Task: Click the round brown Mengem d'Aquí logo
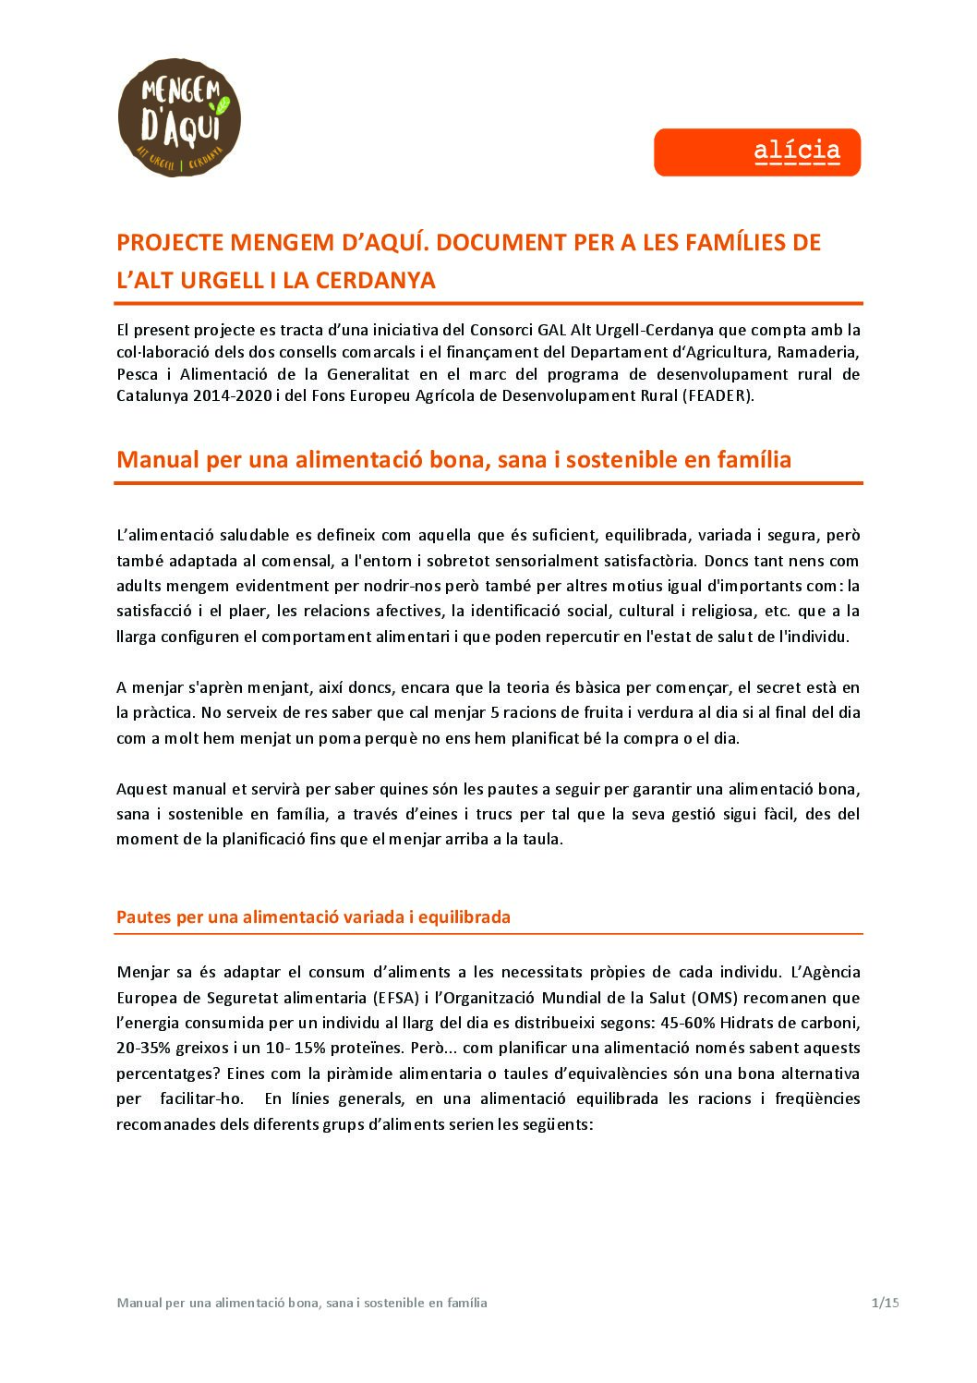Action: pos(179,118)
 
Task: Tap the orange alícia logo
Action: pos(757,152)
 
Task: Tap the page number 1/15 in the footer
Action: pos(884,1303)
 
